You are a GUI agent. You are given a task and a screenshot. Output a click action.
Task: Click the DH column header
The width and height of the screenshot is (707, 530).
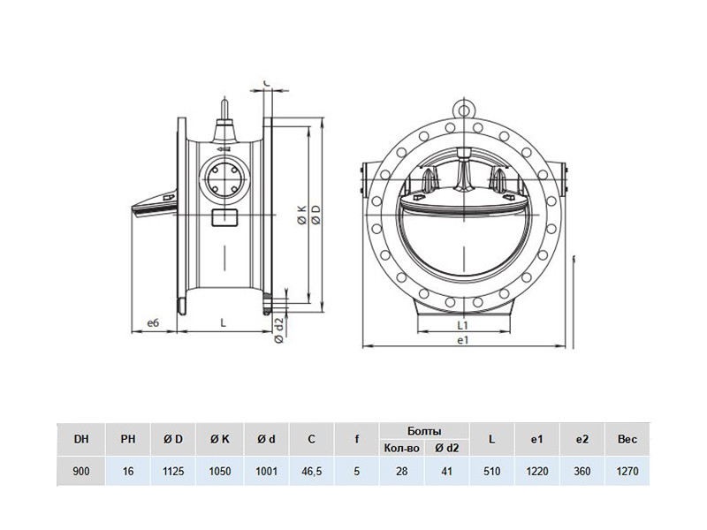click(81, 439)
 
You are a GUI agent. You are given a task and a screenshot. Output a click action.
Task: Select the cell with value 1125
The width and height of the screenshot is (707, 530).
click(173, 472)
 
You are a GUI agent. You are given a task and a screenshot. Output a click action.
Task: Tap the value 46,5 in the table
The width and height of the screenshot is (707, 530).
click(311, 472)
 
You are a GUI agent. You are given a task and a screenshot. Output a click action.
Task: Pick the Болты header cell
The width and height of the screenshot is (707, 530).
click(424, 431)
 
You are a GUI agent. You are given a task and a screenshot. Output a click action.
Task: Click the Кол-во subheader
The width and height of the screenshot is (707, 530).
click(402, 448)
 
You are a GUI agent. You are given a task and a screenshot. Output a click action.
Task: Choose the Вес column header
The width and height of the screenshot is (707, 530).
click(627, 439)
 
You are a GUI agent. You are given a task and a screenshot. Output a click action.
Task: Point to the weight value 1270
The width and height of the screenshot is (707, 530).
click(627, 472)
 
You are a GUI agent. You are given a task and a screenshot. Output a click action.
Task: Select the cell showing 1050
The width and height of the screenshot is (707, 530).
click(220, 472)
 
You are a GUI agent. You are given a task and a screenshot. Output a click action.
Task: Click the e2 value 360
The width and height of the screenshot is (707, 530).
click(582, 472)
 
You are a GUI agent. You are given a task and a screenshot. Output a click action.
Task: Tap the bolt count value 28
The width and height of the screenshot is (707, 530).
click(402, 472)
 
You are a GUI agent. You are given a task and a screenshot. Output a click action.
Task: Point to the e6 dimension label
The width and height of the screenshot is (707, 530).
click(153, 322)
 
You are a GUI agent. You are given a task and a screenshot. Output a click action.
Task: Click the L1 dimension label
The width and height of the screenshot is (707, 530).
click(463, 324)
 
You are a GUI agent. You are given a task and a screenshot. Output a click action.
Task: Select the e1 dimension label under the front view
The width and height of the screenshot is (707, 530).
click(463, 340)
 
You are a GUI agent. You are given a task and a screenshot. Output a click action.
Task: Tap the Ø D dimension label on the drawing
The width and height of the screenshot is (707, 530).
click(316, 215)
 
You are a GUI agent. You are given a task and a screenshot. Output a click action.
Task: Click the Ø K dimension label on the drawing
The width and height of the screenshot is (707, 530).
click(301, 215)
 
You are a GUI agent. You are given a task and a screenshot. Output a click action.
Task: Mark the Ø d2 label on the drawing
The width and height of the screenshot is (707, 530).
click(279, 330)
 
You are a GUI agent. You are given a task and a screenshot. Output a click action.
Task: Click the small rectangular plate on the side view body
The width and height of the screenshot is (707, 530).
click(224, 218)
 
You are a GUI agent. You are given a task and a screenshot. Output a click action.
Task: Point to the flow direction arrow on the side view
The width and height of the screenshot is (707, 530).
click(224, 148)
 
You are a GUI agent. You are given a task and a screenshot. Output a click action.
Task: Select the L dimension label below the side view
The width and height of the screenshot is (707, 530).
click(223, 322)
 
